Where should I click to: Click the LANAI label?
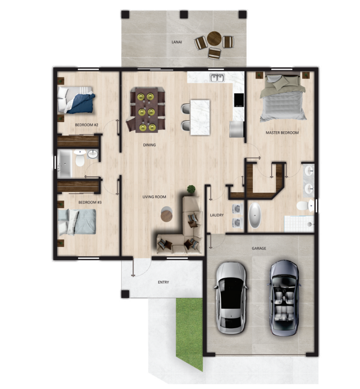(x=176, y=42)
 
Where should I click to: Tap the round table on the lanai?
(x=214, y=38)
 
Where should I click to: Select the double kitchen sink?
(x=217, y=78)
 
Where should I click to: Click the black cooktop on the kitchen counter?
(x=239, y=100)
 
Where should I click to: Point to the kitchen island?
(x=200, y=118)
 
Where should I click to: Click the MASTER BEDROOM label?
(x=282, y=133)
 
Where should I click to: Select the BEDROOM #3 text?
(x=90, y=202)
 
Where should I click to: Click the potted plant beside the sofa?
(x=191, y=189)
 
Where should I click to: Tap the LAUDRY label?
(x=217, y=215)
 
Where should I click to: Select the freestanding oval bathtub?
(x=255, y=215)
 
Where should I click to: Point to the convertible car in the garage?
(x=284, y=298)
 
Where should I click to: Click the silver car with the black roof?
(x=231, y=298)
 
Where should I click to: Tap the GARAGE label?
(x=259, y=248)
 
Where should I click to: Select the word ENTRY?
(x=163, y=282)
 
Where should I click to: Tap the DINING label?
(x=150, y=145)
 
